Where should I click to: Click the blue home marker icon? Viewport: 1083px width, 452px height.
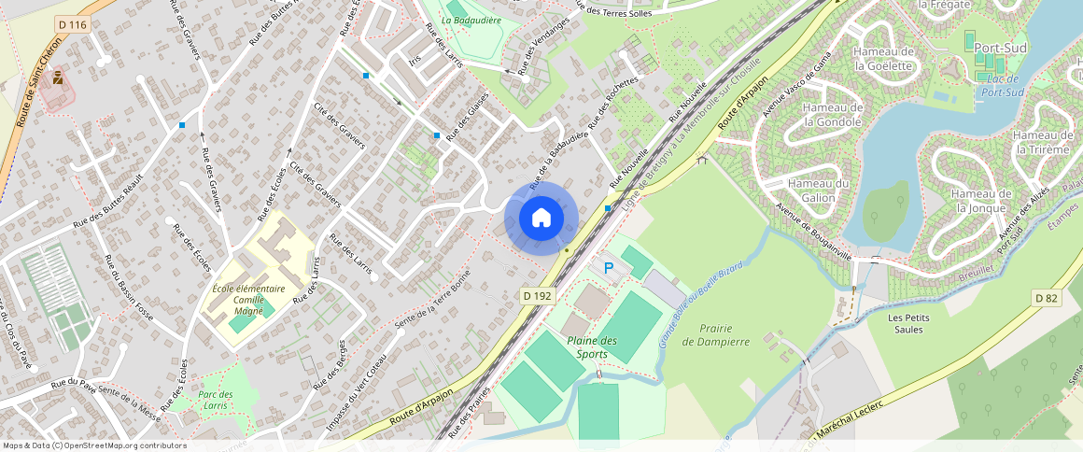(541, 218)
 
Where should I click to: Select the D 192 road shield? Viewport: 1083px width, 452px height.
(537, 295)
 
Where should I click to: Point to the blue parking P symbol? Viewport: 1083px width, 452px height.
(609, 269)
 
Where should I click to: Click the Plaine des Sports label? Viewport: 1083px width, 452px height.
(592, 347)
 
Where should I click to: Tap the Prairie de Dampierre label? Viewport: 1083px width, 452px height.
(716, 335)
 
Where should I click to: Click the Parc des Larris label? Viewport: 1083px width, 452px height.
(216, 400)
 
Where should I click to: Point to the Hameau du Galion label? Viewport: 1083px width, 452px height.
(818, 191)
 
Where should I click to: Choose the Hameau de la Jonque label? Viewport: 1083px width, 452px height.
(981, 200)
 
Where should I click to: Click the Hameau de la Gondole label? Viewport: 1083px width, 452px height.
(833, 114)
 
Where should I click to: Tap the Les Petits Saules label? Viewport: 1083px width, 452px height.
(908, 323)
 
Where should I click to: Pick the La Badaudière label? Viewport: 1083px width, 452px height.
(471, 20)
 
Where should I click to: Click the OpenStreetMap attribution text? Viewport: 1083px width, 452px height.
(94, 445)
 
